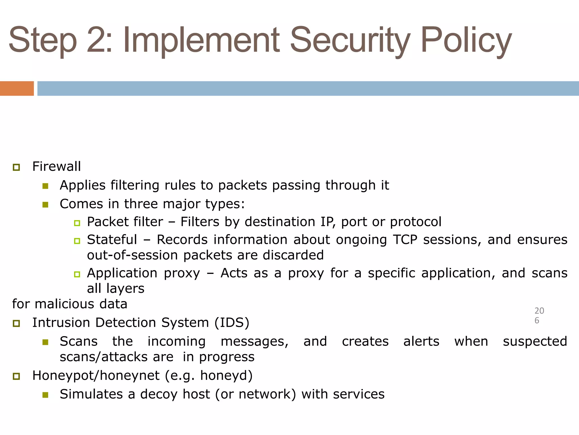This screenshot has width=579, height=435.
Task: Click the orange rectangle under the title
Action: click(x=17, y=88)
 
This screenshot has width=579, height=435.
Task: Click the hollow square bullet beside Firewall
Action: click(x=16, y=167)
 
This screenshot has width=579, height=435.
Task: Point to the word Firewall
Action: click(x=56, y=166)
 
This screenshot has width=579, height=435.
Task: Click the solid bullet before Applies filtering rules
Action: click(x=45, y=186)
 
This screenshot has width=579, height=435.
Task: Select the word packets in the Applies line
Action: click(x=242, y=185)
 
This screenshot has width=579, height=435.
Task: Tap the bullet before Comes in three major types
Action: click(x=45, y=204)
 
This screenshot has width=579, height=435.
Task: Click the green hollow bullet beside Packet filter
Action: click(x=77, y=223)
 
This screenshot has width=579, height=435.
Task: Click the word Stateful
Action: click(x=112, y=240)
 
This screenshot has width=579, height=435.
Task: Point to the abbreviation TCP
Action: click(x=405, y=240)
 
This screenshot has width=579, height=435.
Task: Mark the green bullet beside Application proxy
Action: click(x=77, y=274)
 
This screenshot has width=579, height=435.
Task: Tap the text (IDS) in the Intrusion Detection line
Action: click(x=232, y=323)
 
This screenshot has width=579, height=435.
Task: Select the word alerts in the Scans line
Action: click(x=421, y=341)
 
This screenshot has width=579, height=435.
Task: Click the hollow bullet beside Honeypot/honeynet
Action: click(x=16, y=376)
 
